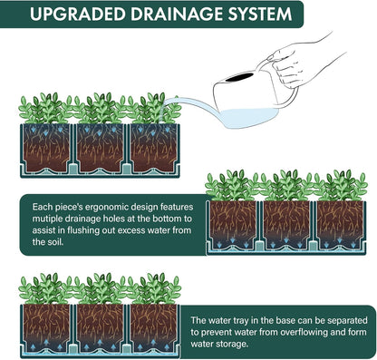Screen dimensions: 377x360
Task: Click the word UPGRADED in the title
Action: (x=77, y=14)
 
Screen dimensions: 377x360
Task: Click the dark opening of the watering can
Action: (x=239, y=77)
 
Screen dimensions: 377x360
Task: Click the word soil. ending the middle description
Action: (x=56, y=242)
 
